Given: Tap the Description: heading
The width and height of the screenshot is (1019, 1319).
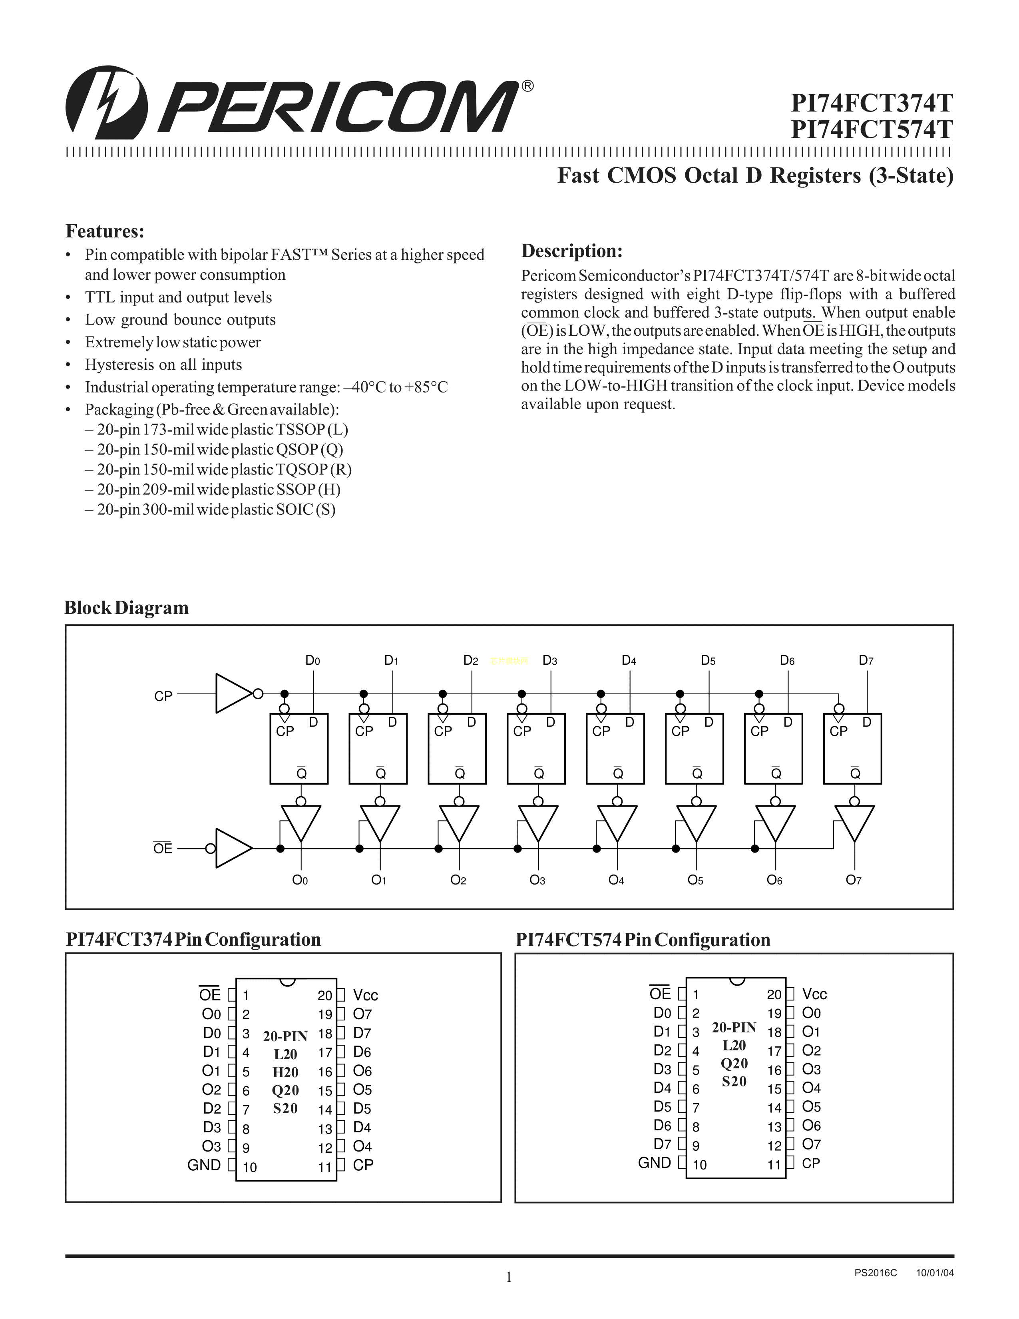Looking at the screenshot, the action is [572, 251].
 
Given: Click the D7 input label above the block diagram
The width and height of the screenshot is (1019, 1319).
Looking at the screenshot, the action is [866, 660].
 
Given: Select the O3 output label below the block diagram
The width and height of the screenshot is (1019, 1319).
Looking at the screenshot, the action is [537, 880].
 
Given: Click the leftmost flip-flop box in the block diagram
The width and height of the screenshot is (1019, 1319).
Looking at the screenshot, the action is [299, 749].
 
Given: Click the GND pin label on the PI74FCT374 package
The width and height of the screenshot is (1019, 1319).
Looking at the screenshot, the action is [204, 1165].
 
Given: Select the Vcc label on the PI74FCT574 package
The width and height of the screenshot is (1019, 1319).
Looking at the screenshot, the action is [814, 994].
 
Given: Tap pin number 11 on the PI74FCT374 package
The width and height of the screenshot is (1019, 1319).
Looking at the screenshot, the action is [325, 1168].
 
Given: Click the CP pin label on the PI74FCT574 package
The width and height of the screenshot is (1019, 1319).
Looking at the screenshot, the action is [811, 1163].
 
